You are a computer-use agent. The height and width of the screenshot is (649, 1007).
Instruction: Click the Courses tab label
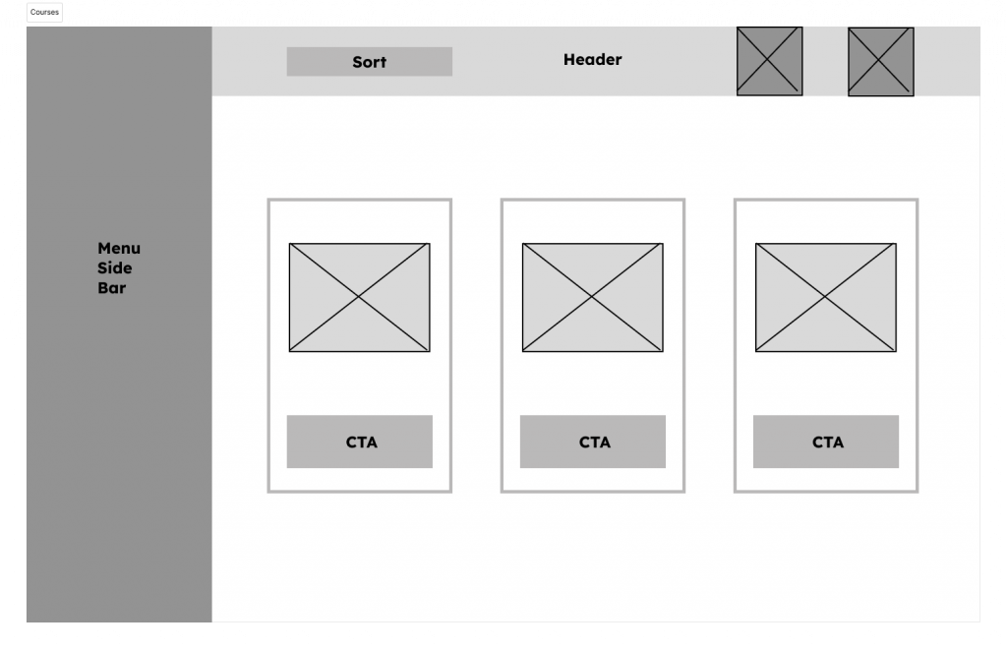(44, 12)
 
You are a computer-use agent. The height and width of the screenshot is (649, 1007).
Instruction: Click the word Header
(593, 60)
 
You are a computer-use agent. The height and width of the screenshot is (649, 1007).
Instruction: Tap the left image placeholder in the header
(769, 61)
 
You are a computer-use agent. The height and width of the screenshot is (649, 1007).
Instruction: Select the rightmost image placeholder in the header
(880, 62)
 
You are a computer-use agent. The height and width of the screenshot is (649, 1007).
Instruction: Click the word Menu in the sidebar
(119, 249)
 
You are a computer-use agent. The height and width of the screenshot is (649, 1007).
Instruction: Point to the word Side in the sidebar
(114, 268)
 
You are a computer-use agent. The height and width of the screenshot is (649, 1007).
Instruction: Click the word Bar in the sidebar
(112, 288)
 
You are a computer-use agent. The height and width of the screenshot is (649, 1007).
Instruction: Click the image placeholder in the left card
(360, 297)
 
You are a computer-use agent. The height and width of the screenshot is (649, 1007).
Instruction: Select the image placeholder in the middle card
(593, 297)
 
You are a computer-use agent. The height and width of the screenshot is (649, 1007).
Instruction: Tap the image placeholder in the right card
(826, 297)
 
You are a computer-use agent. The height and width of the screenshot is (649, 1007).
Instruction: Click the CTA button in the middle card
(593, 442)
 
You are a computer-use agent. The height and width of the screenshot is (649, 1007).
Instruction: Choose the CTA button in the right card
(826, 442)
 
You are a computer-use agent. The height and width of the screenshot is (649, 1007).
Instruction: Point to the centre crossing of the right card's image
(826, 297)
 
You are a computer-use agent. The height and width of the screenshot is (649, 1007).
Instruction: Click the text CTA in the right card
(828, 442)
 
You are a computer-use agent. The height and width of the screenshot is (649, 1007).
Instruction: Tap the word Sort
(370, 62)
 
